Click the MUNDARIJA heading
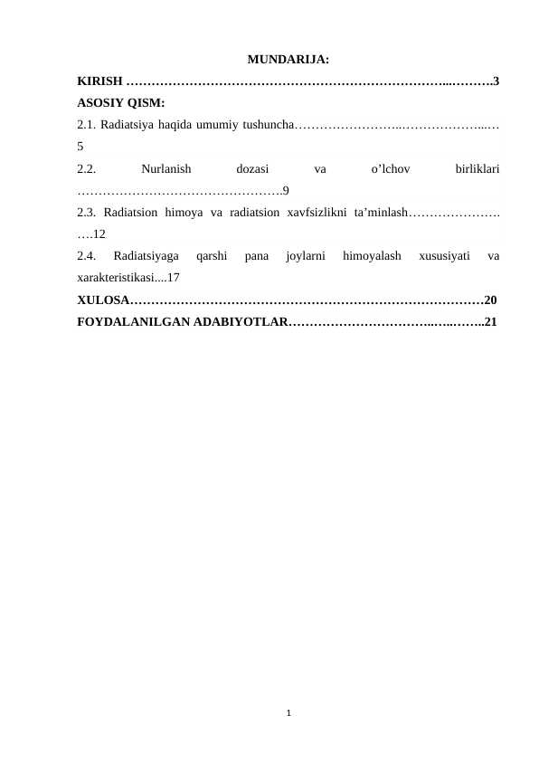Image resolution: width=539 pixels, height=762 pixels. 288,62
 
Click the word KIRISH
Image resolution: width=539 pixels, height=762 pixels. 100,82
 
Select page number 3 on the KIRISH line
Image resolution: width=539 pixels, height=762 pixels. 496,82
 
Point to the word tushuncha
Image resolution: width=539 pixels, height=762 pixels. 263,124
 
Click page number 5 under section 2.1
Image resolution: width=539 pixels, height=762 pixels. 81,145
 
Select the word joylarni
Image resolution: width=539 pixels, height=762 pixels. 303,256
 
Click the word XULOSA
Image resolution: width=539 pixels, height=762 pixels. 104,300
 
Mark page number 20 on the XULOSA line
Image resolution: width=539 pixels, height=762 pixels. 491,300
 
